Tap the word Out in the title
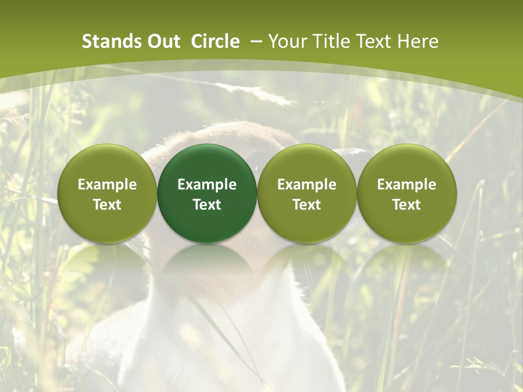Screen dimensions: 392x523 point(162,41)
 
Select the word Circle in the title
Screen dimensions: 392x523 point(215,41)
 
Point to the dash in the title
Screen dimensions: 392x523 point(256,42)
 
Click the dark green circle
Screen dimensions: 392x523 point(207,193)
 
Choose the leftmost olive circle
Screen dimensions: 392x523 point(107,193)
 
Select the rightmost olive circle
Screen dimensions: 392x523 point(406,193)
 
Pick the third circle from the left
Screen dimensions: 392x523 point(307,193)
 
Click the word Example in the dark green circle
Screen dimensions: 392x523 point(207,185)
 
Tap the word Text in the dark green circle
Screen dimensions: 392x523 point(207,205)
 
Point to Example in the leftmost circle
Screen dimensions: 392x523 point(107,185)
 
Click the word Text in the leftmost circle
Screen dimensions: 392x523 point(107,205)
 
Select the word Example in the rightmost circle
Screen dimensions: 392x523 point(406,185)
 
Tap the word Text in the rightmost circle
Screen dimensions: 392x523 point(406,205)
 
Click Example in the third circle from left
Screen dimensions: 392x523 point(307,185)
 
